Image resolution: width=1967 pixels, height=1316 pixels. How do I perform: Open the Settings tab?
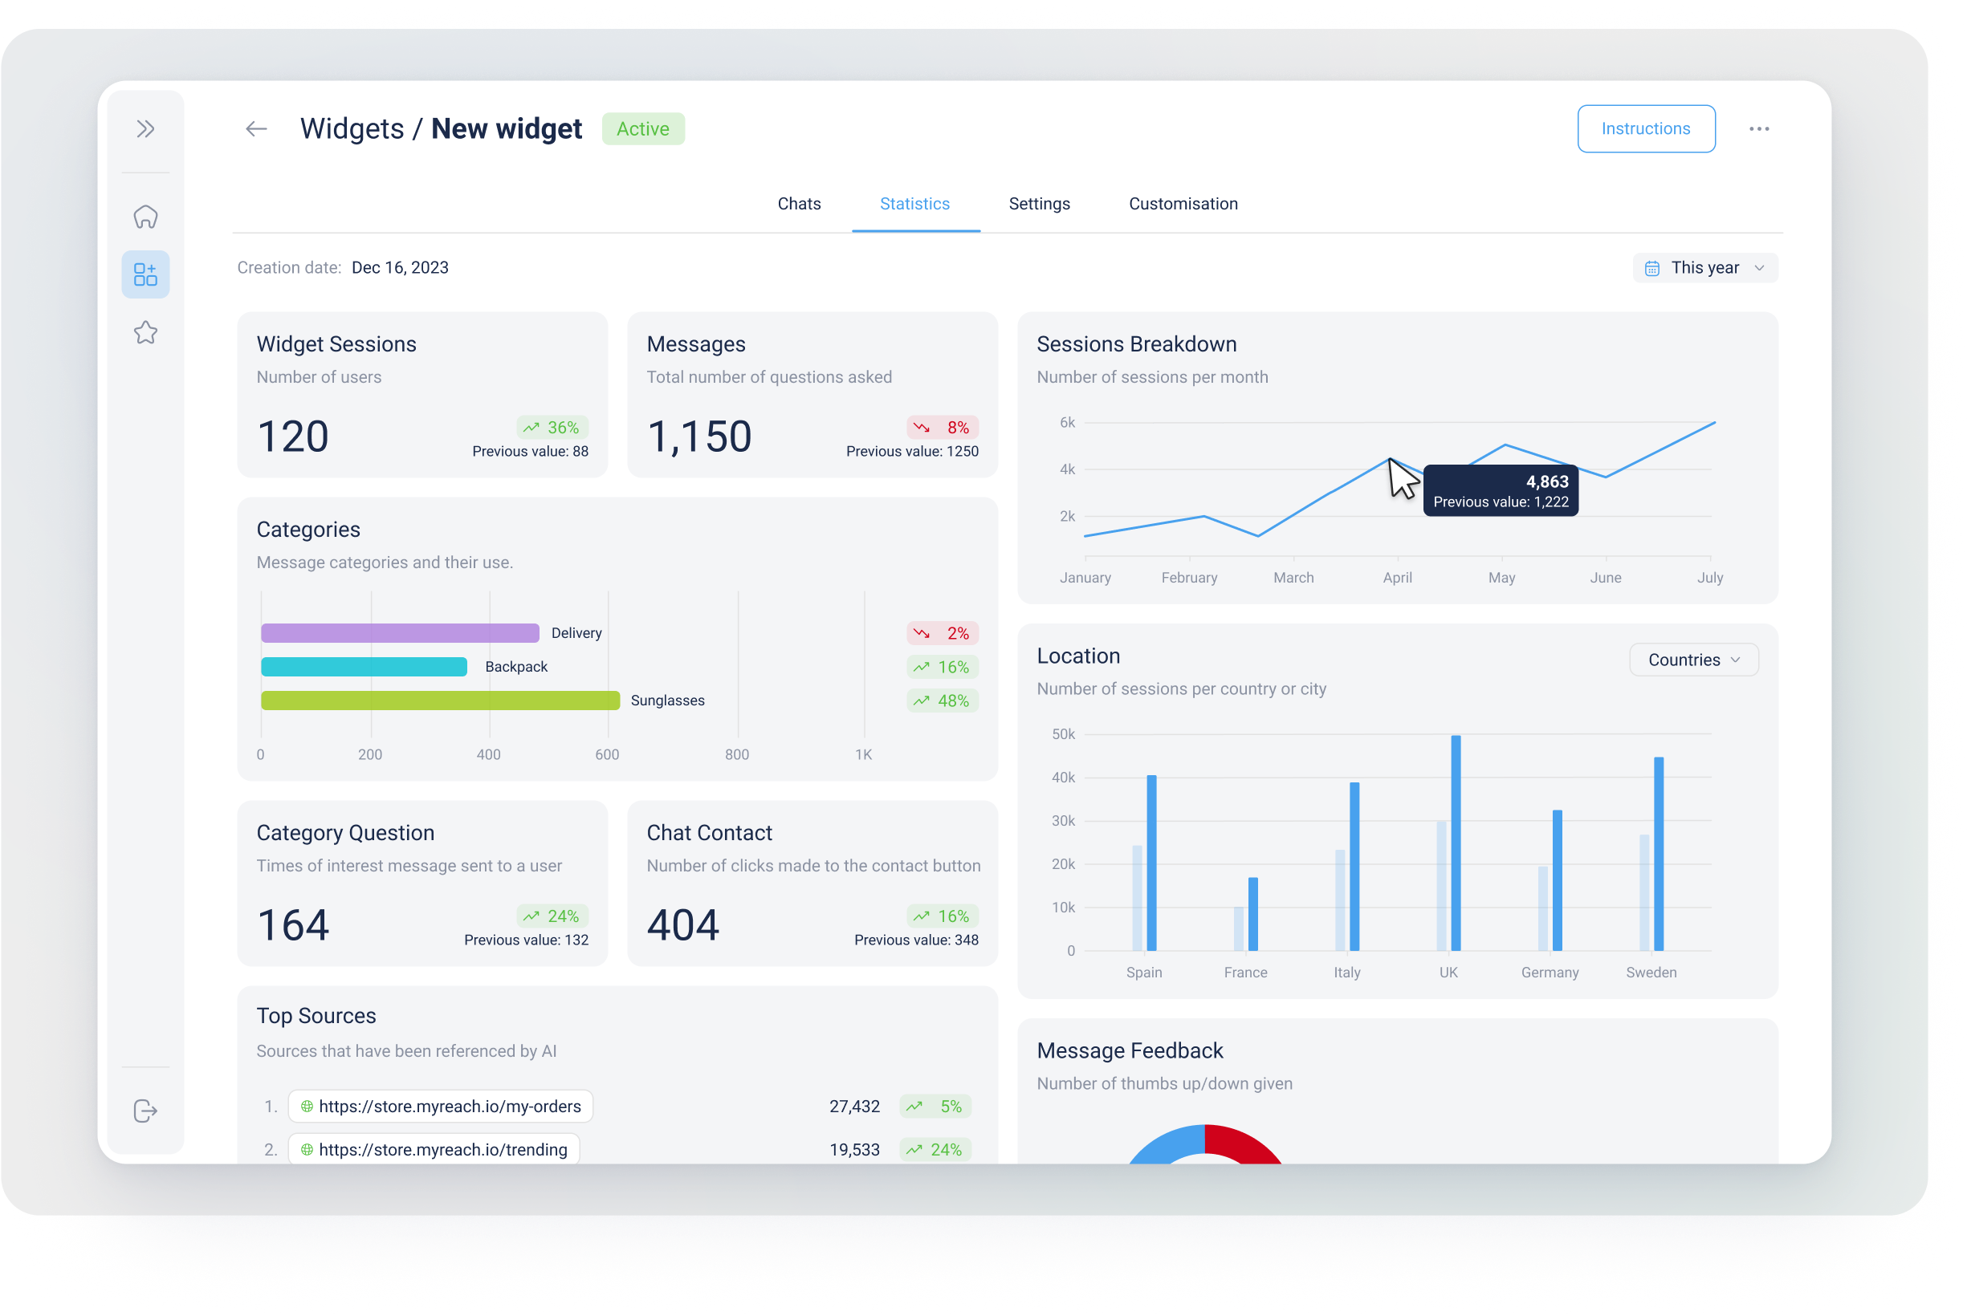pyautogui.click(x=1038, y=204)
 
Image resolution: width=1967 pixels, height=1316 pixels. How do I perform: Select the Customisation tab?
pyautogui.click(x=1182, y=204)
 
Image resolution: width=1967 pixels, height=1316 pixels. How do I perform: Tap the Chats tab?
pyautogui.click(x=798, y=204)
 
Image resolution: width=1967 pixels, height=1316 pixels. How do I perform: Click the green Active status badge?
pyautogui.click(x=642, y=129)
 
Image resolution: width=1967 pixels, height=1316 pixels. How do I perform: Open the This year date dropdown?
pyautogui.click(x=1704, y=268)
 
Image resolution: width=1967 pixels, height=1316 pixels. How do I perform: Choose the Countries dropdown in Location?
pyautogui.click(x=1692, y=660)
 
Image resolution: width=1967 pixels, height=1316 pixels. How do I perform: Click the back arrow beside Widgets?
pyautogui.click(x=256, y=129)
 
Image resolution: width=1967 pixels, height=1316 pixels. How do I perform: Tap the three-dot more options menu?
pyautogui.click(x=1759, y=129)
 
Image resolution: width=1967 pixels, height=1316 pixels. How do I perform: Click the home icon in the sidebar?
pyautogui.click(x=145, y=217)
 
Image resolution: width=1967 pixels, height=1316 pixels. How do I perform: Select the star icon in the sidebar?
pyautogui.click(x=145, y=332)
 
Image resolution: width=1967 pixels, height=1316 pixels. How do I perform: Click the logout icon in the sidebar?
pyautogui.click(x=145, y=1111)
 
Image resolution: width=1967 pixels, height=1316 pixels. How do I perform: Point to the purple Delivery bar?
pyautogui.click(x=400, y=633)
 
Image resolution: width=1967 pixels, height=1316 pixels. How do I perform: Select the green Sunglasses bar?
pyautogui.click(x=440, y=700)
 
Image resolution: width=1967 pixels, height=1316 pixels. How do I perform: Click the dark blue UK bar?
pyautogui.click(x=1455, y=843)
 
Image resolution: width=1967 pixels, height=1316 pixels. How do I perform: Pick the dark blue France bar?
pyautogui.click(x=1252, y=913)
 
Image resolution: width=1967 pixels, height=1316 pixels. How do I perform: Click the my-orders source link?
pyautogui.click(x=449, y=1107)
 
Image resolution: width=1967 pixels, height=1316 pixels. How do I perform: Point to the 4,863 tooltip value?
pyautogui.click(x=1546, y=481)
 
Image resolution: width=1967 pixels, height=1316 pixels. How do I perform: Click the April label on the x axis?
pyautogui.click(x=1397, y=578)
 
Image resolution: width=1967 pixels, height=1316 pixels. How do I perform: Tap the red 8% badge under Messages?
pyautogui.click(x=943, y=427)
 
